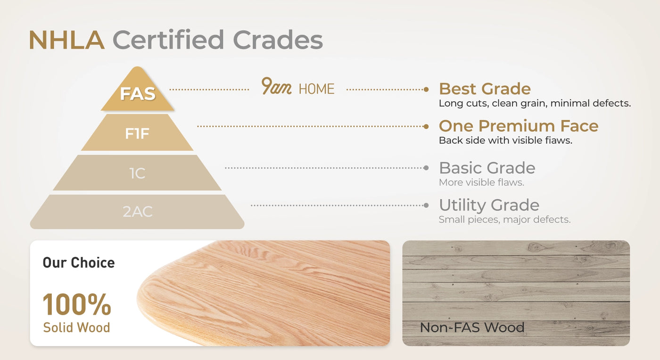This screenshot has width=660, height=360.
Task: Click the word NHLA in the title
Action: click(x=66, y=40)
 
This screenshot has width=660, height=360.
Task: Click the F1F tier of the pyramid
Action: click(x=137, y=132)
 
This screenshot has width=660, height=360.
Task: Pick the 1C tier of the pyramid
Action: click(x=137, y=173)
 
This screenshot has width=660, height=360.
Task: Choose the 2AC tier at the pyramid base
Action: click(x=137, y=212)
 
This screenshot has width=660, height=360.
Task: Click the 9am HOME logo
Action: click(x=297, y=87)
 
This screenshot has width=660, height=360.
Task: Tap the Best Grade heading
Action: click(x=485, y=89)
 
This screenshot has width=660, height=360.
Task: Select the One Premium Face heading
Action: click(x=519, y=126)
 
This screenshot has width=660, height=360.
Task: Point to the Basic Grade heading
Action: click(x=487, y=168)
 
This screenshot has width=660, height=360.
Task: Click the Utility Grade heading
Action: click(x=489, y=205)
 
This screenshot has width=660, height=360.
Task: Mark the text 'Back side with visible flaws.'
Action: click(x=505, y=140)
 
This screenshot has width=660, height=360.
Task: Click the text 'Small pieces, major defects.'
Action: click(x=505, y=220)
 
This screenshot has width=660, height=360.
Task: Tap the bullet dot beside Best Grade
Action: click(x=426, y=90)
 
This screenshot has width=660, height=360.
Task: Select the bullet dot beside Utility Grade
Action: click(x=426, y=205)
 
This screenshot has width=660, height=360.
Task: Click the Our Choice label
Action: click(x=79, y=262)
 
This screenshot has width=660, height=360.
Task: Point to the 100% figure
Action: click(x=77, y=304)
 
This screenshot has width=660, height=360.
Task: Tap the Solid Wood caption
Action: click(x=76, y=327)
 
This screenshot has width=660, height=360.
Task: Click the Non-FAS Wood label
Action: click(x=472, y=327)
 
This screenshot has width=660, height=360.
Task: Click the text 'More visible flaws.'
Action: click(x=481, y=182)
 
